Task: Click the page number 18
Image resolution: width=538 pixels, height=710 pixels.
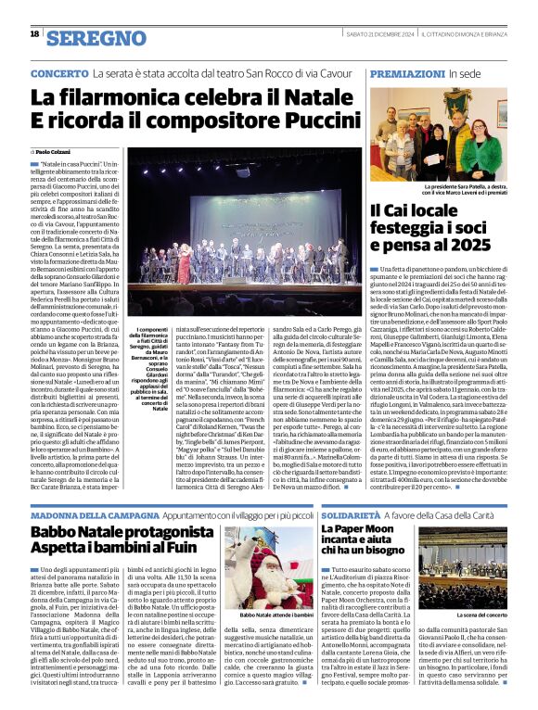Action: [x=35, y=35]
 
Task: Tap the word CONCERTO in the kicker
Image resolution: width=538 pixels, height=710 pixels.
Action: [x=59, y=73]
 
